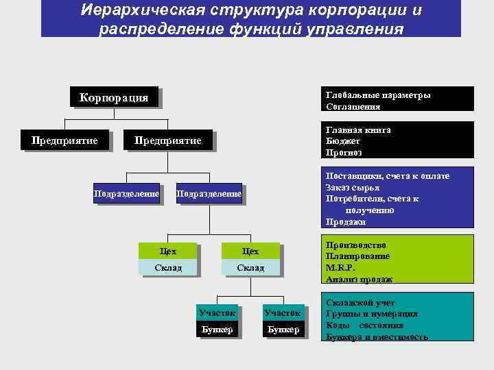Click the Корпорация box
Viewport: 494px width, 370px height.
tap(114, 97)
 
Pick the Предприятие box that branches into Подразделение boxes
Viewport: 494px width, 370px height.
tap(167, 140)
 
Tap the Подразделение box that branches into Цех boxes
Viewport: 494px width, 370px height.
tap(209, 194)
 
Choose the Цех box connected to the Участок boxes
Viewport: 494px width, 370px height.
tap(250, 251)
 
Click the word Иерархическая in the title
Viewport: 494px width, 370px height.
tap(140, 12)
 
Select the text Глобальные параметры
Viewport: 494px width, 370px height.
tap(378, 95)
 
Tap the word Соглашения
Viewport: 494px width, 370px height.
tap(353, 107)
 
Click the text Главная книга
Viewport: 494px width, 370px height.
tap(358, 129)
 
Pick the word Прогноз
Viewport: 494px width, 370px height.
tap(344, 153)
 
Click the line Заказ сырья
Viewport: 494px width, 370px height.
tap(353, 188)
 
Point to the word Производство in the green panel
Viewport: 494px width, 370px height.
tap(355, 245)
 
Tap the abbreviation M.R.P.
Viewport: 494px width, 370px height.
tap(341, 268)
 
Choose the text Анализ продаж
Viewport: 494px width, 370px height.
tap(359, 280)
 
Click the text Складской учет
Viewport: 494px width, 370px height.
tap(360, 302)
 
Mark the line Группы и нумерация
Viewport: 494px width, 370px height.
tap(372, 314)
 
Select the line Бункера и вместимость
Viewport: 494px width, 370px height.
tap(377, 337)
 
